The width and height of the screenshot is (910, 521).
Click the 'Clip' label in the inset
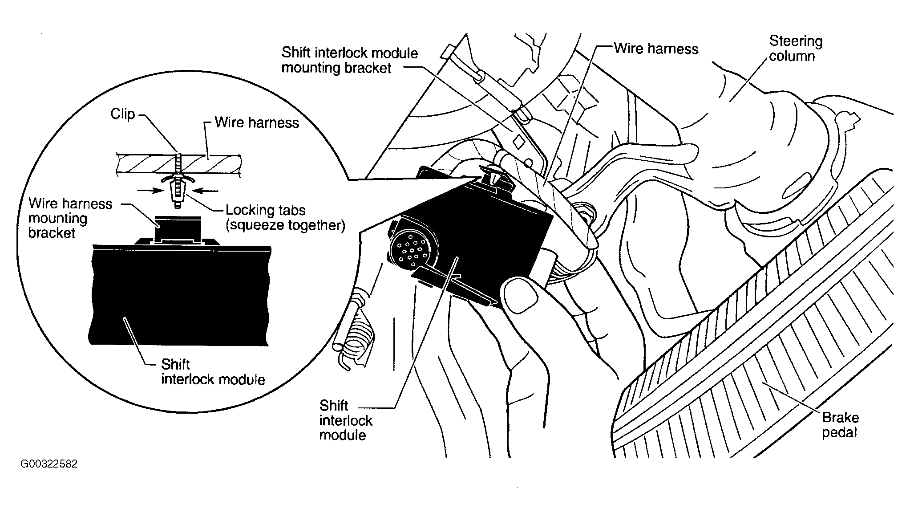122,114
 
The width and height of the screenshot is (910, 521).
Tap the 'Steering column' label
796,49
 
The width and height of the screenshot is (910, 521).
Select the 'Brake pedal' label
840,425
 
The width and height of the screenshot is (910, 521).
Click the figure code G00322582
49,464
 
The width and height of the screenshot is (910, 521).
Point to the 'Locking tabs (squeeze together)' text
285,217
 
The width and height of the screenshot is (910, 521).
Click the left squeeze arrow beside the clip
149,190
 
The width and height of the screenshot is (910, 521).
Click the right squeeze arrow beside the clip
207,191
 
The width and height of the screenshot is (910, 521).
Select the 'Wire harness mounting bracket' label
70,218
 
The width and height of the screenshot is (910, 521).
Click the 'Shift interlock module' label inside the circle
213,372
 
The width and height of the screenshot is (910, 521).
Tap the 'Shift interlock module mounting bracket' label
349,61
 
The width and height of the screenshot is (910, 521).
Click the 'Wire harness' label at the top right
655,49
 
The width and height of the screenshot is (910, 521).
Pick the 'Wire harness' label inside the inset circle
257,122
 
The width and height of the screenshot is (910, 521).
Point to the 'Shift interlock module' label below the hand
345,420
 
